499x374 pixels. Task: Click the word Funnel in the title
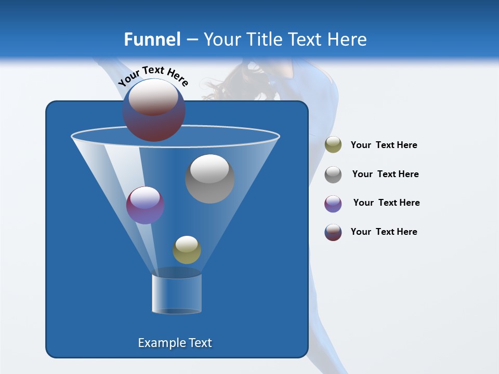tap(152, 39)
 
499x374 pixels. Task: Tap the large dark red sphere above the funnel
tap(153, 110)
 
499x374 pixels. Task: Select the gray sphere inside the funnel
tap(209, 179)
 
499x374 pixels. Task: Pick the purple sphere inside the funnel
tap(145, 205)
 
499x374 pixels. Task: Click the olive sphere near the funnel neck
tap(187, 250)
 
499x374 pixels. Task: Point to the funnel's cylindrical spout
tap(177, 293)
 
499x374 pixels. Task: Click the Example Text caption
tap(175, 343)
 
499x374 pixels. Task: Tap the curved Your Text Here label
tap(153, 76)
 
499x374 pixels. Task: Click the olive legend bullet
tap(333, 145)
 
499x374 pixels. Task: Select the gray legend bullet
tap(333, 174)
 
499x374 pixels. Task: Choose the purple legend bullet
tap(333, 204)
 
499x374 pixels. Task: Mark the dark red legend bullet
tap(333, 232)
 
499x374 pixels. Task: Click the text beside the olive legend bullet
tap(384, 145)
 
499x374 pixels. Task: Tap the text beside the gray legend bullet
tap(385, 174)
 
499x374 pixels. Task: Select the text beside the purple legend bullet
tap(386, 203)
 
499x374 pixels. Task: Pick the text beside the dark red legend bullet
tap(384, 232)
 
